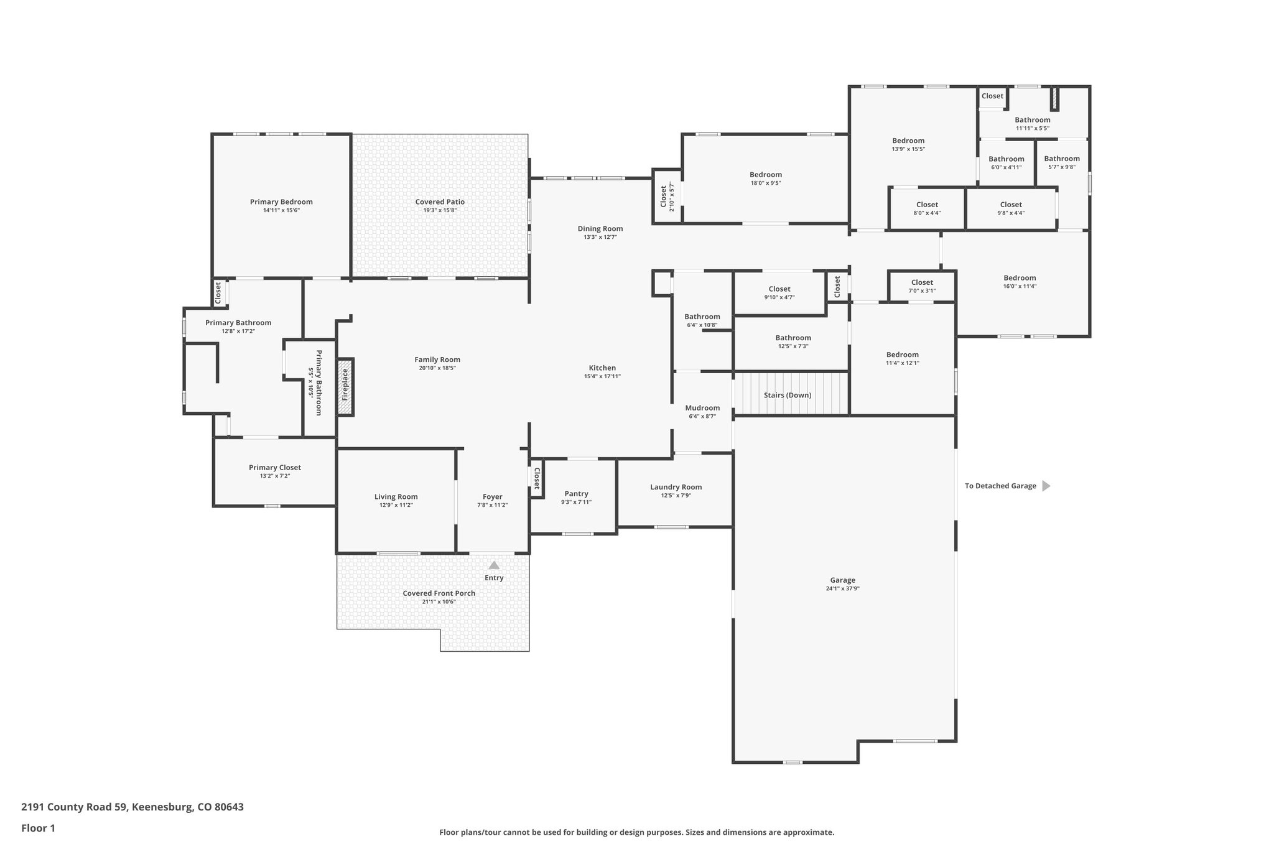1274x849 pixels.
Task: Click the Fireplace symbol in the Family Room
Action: tap(345, 387)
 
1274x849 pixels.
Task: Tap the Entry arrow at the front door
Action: tap(494, 565)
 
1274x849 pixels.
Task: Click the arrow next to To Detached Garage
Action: tap(1046, 486)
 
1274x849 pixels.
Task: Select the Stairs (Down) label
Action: tap(788, 395)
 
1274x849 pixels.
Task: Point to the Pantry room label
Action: tap(576, 494)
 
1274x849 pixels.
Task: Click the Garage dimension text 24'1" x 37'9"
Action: tap(842, 588)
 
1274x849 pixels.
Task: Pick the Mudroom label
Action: tap(702, 408)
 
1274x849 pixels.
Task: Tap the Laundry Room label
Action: tap(676, 487)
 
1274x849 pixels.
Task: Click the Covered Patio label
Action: tap(440, 202)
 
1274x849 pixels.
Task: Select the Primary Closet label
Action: tap(274, 468)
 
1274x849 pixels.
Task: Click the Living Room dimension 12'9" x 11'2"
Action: tap(396, 505)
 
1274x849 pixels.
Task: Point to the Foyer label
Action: tap(492, 497)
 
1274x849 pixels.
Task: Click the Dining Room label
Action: tap(600, 229)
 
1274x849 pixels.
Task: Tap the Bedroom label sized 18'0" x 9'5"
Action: tap(765, 175)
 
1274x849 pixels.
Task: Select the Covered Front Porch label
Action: tap(439, 593)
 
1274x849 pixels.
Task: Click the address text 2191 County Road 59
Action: tap(133, 807)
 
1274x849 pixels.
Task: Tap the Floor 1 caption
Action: tap(38, 828)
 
